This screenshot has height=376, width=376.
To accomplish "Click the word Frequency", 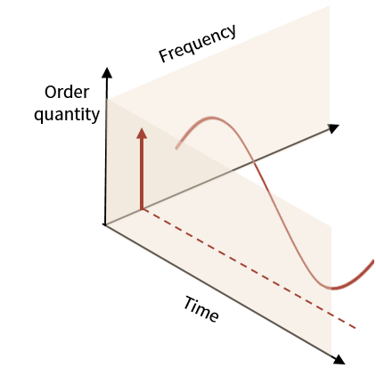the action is click(x=198, y=44).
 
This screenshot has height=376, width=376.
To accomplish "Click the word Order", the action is click(x=67, y=92).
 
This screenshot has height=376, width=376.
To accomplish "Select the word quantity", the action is click(x=67, y=115).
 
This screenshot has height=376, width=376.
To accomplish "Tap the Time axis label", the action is click(x=201, y=309).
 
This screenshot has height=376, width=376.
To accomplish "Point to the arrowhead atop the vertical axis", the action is click(x=107, y=73).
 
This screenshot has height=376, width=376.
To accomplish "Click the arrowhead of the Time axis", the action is click(x=339, y=360).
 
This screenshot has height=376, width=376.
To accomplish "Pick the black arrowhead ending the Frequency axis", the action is click(x=334, y=128).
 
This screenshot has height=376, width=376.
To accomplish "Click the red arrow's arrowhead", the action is click(x=142, y=134).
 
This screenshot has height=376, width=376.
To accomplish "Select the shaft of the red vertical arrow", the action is click(x=142, y=174).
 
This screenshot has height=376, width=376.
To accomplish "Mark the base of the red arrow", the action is click(x=142, y=209).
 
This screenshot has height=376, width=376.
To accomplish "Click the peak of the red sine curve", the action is click(x=212, y=119).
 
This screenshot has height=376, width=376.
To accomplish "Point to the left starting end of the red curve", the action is click(x=176, y=148).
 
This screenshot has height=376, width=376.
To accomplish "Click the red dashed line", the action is click(x=249, y=268).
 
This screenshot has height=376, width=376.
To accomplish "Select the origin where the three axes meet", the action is click(x=105, y=225).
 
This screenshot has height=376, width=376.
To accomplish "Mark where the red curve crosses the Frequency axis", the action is click(x=255, y=161).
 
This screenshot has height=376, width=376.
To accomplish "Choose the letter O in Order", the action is click(x=51, y=93).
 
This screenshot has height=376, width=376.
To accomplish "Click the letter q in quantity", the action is click(x=38, y=116).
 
